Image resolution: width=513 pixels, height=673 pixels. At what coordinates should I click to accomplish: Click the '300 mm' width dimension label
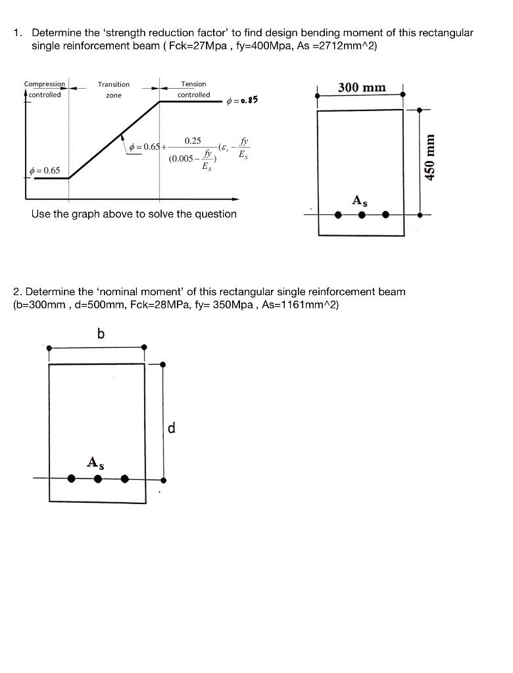tap(362, 87)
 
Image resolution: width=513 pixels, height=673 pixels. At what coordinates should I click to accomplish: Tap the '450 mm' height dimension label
tap(430, 157)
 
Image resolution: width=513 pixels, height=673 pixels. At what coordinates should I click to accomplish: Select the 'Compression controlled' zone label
tap(44, 89)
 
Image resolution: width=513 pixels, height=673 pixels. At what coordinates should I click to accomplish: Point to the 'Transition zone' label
tap(114, 89)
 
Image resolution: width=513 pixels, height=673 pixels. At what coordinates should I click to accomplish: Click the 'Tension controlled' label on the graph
tap(193, 89)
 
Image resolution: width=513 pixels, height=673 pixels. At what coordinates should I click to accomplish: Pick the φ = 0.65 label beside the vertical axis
tap(45, 171)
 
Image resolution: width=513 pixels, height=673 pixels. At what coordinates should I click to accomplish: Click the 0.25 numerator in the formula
tap(193, 141)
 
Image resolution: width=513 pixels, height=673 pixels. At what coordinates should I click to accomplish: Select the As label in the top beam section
tap(359, 201)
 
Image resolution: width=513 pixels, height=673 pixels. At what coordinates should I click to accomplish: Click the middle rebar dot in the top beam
tap(361, 214)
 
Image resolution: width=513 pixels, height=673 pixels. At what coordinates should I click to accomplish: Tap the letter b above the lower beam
tap(101, 334)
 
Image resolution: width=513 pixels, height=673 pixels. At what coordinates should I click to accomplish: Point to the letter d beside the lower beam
tap(172, 429)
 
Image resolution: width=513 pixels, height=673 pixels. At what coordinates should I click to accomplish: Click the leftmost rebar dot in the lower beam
tap(72, 478)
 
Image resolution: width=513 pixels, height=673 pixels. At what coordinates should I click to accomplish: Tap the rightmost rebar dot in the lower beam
tap(124, 478)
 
